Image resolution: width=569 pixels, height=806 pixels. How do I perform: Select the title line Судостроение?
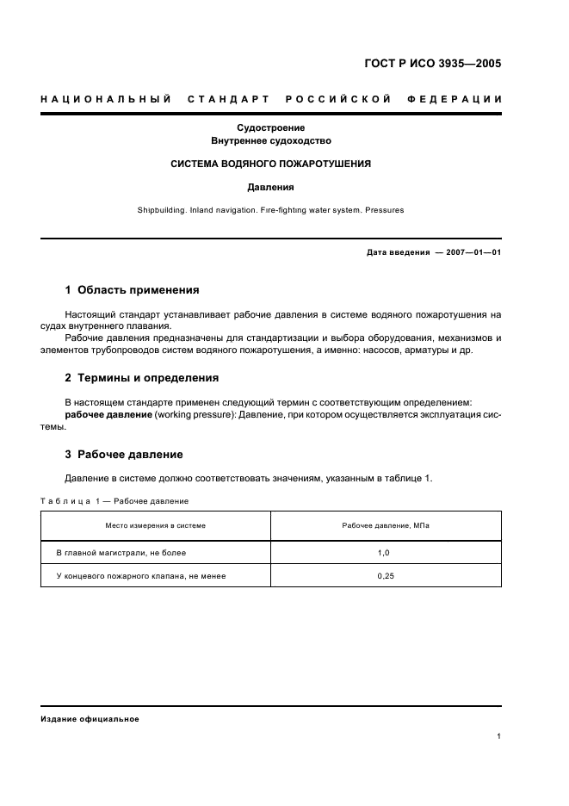click(270, 127)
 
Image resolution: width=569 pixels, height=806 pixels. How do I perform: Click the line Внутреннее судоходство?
click(270, 140)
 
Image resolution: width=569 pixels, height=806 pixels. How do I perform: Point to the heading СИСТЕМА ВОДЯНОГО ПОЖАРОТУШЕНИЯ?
click(270, 164)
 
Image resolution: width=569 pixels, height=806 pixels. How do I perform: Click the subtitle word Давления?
click(270, 186)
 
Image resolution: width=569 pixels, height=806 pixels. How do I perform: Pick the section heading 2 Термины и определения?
click(142, 377)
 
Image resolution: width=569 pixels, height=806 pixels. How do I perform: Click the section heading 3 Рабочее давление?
click(124, 454)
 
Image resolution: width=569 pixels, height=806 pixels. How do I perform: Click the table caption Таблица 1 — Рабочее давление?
click(114, 501)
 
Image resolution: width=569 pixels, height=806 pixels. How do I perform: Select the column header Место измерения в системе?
click(155, 525)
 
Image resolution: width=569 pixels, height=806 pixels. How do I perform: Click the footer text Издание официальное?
click(90, 719)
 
